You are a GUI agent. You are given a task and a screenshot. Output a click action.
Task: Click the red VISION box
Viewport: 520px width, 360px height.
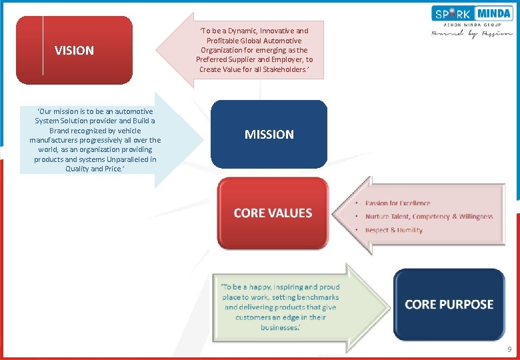click(x=74, y=50)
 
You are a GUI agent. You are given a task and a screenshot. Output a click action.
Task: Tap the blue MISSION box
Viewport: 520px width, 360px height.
click(x=269, y=134)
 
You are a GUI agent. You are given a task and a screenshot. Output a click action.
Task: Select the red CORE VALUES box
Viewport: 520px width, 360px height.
click(x=273, y=213)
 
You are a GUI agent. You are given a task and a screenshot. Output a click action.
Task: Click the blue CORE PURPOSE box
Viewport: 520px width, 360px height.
click(x=449, y=304)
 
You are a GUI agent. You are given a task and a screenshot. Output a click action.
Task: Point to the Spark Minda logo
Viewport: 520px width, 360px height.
click(x=472, y=13)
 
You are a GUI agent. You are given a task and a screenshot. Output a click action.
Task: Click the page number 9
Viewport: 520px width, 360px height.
click(x=509, y=349)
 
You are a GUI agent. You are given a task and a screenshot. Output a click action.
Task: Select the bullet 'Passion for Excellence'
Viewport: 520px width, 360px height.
click(x=397, y=203)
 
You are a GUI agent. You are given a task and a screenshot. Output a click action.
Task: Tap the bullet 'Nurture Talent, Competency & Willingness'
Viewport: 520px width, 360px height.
click(x=429, y=217)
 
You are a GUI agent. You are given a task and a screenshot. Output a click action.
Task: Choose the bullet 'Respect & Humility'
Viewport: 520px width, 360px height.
click(x=393, y=230)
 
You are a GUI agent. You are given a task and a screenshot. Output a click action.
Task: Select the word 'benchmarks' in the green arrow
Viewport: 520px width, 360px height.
click(x=317, y=297)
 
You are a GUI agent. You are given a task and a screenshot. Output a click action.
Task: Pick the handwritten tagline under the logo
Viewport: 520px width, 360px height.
click(x=472, y=33)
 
